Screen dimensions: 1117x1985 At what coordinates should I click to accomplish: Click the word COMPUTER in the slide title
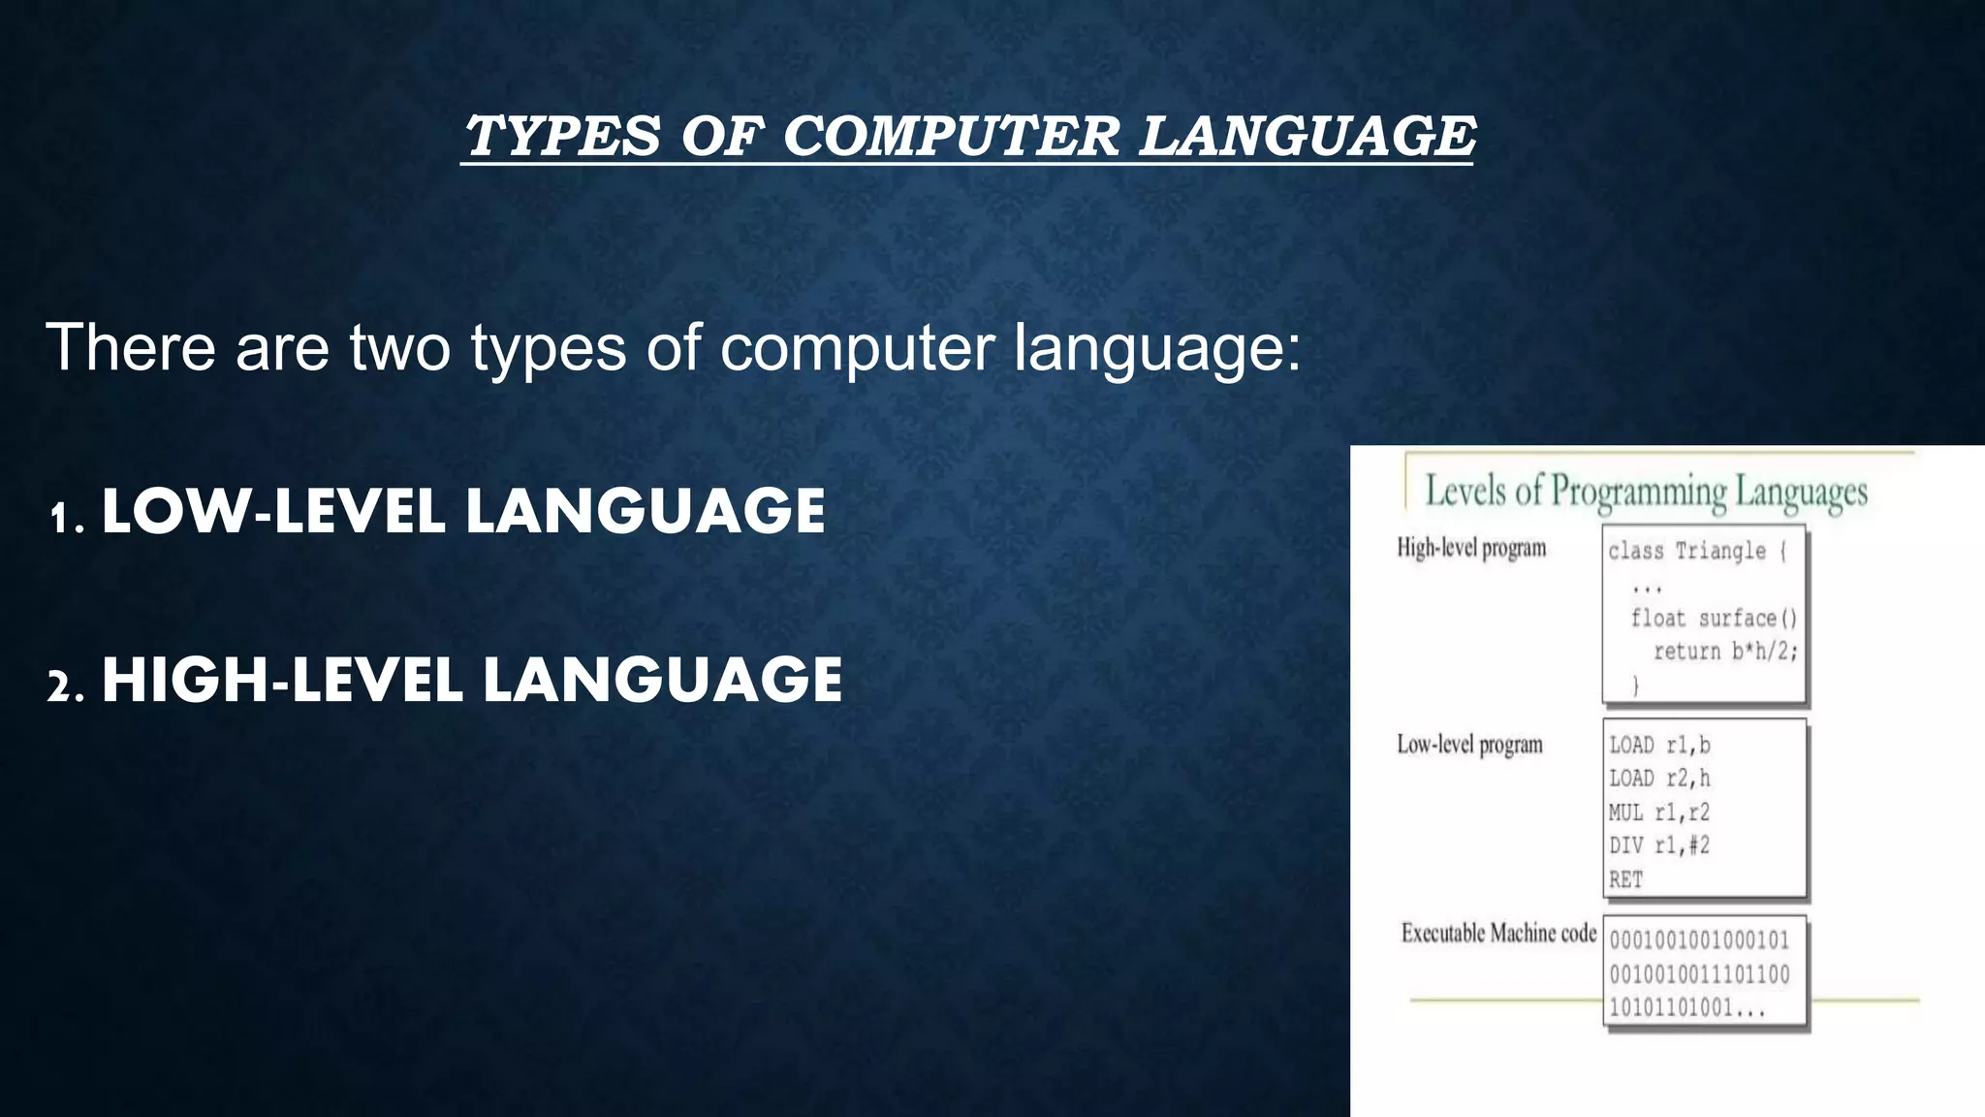[950, 136]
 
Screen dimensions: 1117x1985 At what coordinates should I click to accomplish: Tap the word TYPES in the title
[562, 136]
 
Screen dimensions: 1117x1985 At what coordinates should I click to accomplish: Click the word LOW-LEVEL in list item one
[272, 512]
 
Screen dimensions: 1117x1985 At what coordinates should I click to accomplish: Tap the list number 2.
[65, 686]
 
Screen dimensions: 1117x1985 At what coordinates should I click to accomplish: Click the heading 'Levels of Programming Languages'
[1646, 492]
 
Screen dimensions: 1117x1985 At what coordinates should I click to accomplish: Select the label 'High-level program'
[1471, 548]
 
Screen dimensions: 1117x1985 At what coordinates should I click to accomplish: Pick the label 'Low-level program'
[1469, 745]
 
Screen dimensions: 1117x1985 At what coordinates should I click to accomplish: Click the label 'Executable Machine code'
[1498, 933]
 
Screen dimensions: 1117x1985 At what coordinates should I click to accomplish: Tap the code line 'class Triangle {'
[1696, 551]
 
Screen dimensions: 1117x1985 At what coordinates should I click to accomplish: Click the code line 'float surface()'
[1714, 618]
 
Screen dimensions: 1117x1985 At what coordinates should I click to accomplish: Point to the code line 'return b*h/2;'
[1725, 651]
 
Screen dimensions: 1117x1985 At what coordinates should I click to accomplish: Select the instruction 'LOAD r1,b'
[1659, 745]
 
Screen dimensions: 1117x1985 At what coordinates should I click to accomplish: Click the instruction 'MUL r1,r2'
[1659, 812]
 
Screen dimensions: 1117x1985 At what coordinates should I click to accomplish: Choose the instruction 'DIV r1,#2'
[1659, 846]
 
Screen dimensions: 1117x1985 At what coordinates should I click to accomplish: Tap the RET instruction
[1625, 879]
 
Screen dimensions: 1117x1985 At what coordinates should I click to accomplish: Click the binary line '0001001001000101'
[1699, 940]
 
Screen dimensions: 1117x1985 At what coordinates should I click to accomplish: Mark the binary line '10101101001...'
[1686, 1007]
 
